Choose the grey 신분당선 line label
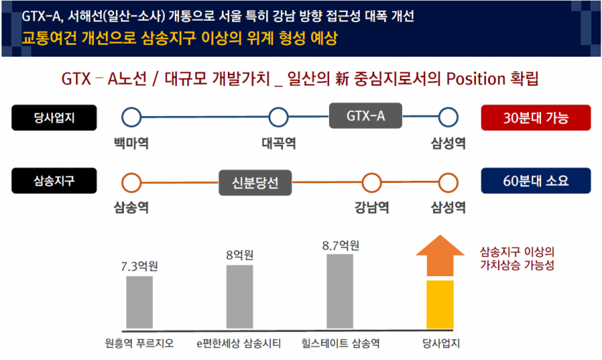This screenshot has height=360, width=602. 256,182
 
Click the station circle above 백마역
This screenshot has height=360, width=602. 131,117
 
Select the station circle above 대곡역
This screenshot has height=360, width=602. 278,117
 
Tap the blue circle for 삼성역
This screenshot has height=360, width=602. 448,117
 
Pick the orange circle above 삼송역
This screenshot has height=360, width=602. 131,182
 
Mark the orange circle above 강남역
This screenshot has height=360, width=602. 372,182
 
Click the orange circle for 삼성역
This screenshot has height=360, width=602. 448,182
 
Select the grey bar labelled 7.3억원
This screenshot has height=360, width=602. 139,302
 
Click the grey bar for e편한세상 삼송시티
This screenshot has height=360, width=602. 239,296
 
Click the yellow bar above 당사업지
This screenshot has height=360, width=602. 441,304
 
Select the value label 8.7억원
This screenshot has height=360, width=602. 340,245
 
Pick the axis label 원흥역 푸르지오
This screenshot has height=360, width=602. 139,343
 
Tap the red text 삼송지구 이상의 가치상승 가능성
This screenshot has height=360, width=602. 517,258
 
